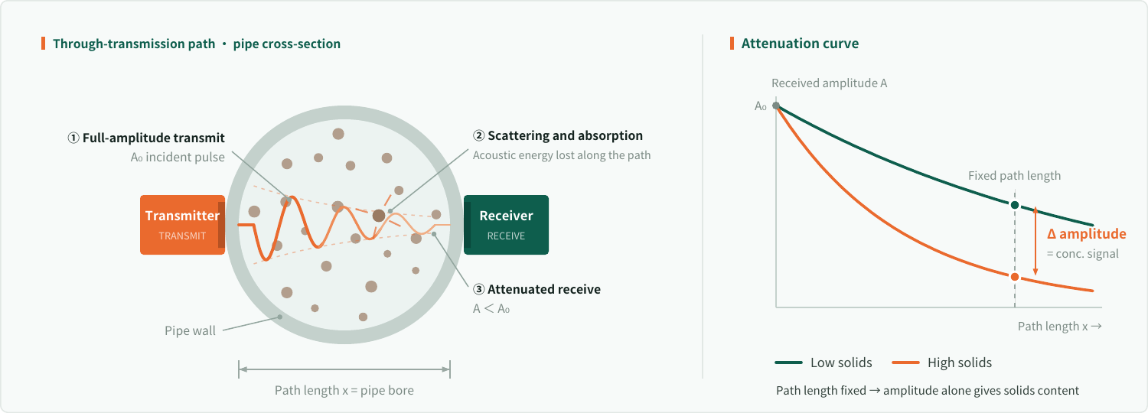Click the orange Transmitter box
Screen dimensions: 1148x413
[182, 225]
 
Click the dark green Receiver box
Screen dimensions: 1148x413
[507, 225]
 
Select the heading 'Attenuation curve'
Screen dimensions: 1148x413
[800, 44]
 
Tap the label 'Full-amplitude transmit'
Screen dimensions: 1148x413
[153, 138]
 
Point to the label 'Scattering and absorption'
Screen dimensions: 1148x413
[565, 136]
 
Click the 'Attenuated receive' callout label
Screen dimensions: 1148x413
[543, 290]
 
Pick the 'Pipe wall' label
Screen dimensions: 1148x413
[190, 331]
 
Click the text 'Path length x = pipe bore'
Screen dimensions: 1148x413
[344, 391]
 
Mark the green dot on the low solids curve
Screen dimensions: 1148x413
[1015, 205]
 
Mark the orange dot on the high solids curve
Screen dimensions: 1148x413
[1015, 277]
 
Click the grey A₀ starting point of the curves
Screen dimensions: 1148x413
[776, 106]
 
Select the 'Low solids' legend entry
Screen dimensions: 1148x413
[823, 363]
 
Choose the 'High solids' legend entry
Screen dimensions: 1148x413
[942, 363]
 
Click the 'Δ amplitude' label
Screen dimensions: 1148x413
[1087, 234]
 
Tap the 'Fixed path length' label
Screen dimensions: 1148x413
[1014, 176]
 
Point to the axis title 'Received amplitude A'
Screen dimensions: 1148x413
[829, 83]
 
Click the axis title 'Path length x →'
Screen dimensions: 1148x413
[1059, 327]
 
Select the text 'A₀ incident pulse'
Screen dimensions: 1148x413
[178, 158]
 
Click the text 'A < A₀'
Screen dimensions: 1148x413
[491, 309]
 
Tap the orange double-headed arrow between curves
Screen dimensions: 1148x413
[1035, 241]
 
